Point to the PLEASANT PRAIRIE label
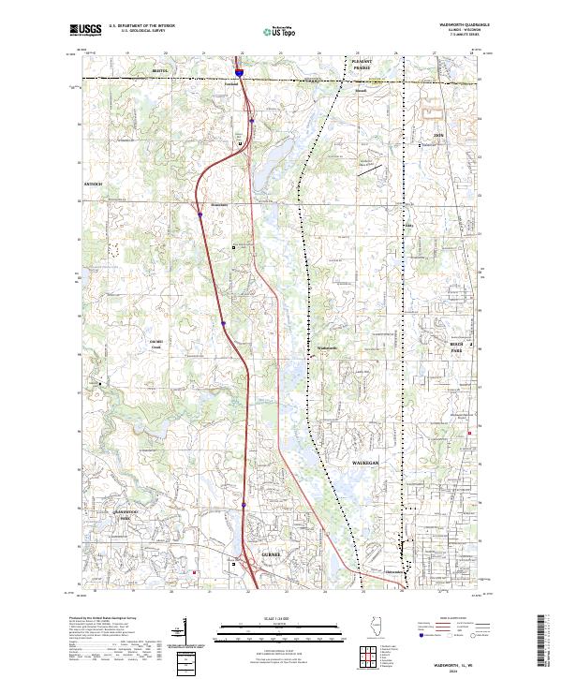pos(362,63)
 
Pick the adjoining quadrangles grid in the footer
pos(365,654)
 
